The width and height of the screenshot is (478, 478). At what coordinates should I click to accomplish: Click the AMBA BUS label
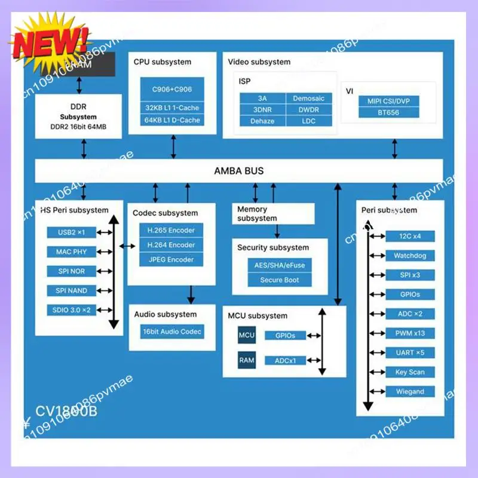point(238,171)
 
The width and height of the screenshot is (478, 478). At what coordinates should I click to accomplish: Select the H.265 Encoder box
point(171,230)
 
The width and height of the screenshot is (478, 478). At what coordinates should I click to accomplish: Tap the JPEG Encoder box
point(171,259)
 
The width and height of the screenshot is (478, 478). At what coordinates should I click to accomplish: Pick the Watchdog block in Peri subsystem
point(409,256)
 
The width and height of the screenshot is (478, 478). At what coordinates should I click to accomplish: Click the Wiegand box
point(409,391)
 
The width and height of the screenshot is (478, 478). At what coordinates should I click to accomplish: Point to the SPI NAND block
point(72,290)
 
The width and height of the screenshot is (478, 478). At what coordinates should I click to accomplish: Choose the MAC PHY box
point(72,252)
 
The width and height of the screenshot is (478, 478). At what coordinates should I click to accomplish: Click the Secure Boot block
point(279,280)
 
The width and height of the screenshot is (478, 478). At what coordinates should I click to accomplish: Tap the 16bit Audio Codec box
point(172,331)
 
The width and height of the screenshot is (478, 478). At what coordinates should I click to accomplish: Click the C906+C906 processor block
point(172,89)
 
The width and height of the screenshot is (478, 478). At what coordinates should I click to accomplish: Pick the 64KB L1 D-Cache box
point(172,120)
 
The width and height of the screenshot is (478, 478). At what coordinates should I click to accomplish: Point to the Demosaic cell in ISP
point(308,98)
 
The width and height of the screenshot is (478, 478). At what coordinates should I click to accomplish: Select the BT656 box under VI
point(388,112)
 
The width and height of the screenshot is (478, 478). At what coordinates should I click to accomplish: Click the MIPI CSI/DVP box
point(388,100)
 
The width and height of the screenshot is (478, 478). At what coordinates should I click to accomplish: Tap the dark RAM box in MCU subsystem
point(247,360)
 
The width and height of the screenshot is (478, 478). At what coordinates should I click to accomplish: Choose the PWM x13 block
point(409,333)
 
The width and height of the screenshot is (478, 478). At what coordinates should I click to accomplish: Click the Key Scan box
point(409,372)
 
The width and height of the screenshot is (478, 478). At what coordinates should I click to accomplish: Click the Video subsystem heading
point(259,62)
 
